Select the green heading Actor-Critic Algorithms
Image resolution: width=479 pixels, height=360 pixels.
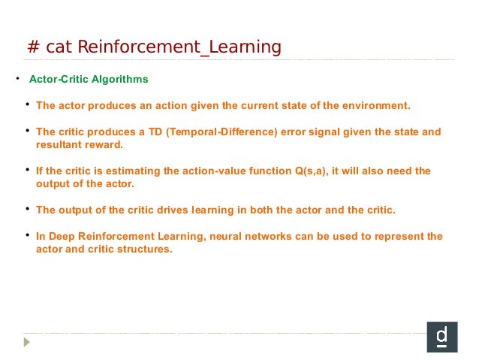[89, 79]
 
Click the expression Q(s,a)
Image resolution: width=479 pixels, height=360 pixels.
[310, 171]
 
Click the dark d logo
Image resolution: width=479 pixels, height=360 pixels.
[441, 337]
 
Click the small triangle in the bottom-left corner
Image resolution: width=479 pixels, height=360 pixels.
[27, 341]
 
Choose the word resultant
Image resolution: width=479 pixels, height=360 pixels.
[60, 144]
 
